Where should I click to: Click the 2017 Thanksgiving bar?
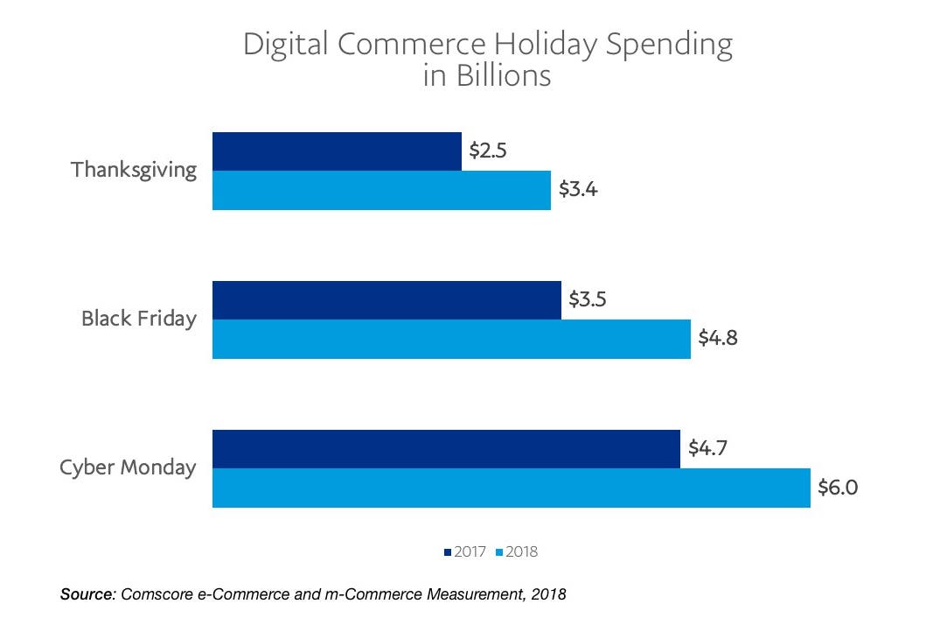(x=337, y=151)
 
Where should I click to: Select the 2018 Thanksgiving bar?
(x=381, y=190)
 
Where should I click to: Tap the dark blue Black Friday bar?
(x=386, y=300)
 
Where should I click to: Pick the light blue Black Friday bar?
(x=451, y=339)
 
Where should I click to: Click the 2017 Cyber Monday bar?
(x=446, y=449)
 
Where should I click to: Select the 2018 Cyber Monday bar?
(x=511, y=488)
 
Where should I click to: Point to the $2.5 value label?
(x=488, y=151)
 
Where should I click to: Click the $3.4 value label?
(x=577, y=189)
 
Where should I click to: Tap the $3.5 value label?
(x=588, y=299)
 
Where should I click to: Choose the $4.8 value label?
(x=717, y=338)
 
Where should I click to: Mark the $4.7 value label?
(x=707, y=448)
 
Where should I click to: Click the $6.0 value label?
(x=837, y=487)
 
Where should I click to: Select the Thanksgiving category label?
(x=134, y=170)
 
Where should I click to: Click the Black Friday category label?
(x=139, y=319)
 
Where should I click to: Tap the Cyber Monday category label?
(x=128, y=467)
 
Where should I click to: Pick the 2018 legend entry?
(x=517, y=551)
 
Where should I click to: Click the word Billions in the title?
(x=503, y=76)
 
